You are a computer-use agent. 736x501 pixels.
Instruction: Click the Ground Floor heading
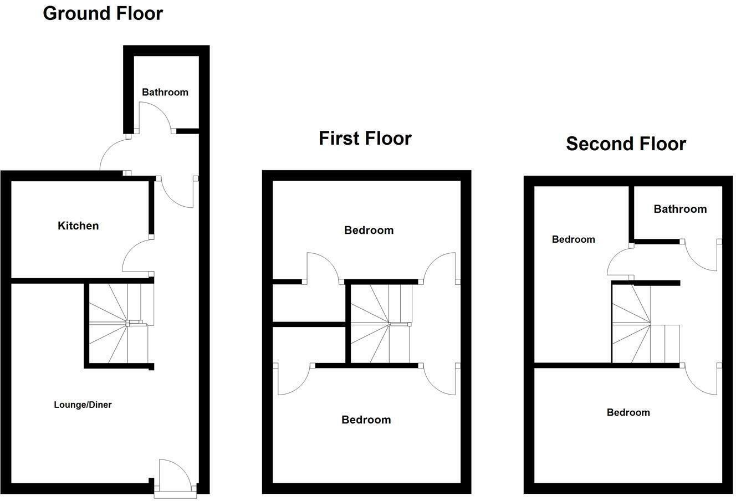(103, 13)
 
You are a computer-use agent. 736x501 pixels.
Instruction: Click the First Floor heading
(365, 138)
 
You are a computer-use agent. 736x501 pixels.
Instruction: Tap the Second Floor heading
(626, 144)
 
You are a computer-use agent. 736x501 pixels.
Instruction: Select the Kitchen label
(78, 226)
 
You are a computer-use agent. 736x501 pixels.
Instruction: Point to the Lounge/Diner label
(83, 405)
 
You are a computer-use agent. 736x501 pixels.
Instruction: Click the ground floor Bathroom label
(165, 92)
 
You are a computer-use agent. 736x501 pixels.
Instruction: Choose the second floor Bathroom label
(680, 209)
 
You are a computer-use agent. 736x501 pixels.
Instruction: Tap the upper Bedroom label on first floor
(369, 230)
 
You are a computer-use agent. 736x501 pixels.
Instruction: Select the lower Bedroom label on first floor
(366, 420)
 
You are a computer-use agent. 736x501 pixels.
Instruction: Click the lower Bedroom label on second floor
(628, 412)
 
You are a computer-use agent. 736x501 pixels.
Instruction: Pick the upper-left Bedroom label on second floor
(573, 239)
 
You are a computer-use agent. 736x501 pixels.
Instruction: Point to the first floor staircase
(382, 324)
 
